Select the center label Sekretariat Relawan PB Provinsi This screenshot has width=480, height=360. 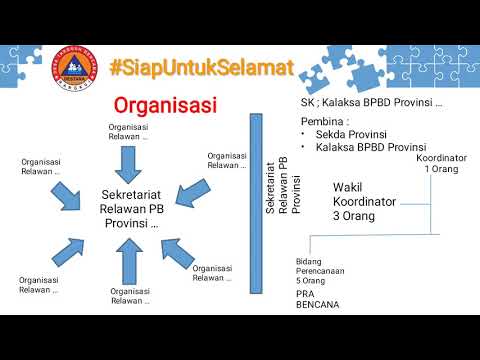coord(131,209)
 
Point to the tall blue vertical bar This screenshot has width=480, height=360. coord(254,203)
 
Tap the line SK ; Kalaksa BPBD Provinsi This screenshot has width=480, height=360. coord(371,102)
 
